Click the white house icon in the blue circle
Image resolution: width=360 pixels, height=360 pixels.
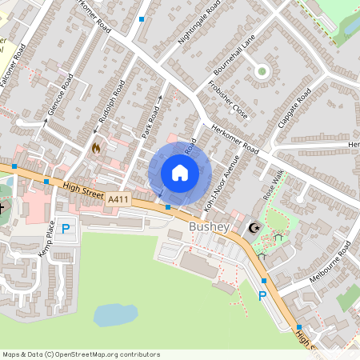[x=180, y=172]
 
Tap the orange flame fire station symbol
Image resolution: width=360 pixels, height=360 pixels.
[x=97, y=148]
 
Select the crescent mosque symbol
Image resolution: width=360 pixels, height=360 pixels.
[x=254, y=229]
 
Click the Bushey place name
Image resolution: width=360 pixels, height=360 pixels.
[x=210, y=228]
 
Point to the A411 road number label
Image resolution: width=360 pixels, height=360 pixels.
[x=118, y=198]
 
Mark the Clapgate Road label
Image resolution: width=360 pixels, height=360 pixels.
[x=293, y=115]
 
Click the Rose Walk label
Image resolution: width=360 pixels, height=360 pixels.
[x=274, y=186]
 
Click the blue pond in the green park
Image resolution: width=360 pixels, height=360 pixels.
[x=115, y=314]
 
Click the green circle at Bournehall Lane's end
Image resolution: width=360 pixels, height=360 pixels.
[x=261, y=71]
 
